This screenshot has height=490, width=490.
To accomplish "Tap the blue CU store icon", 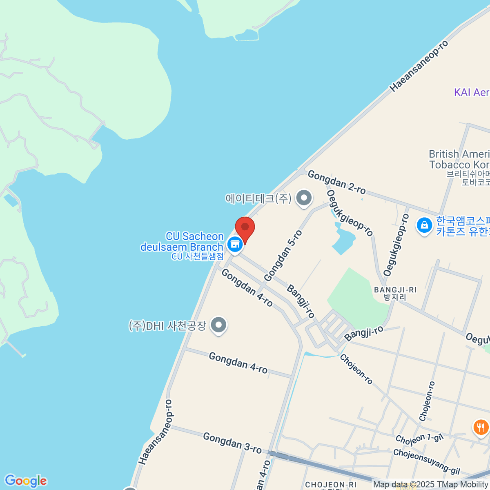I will coord(235,244).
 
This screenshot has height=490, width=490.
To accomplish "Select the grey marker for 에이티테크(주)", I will coord(303,198).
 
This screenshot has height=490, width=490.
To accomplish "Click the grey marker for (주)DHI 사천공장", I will coord(219,325).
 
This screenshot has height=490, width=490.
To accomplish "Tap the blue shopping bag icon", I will coord(424,225).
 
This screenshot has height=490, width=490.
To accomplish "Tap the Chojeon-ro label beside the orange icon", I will coord(427,401).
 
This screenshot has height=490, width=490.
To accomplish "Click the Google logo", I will coord(25,481).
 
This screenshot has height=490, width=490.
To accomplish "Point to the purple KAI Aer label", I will coord(472,92).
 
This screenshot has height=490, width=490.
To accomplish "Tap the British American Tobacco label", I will coord(459,159).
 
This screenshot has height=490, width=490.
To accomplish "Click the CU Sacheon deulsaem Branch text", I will coord(183,242).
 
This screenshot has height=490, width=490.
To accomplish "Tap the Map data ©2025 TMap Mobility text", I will coord(430,485).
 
